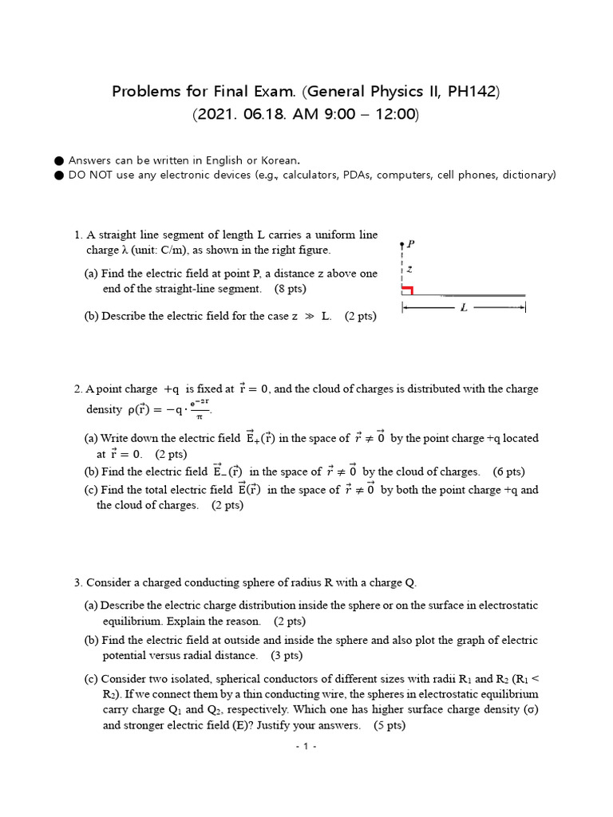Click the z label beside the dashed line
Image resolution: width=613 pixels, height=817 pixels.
point(409,269)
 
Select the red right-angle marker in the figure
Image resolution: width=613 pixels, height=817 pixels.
point(407,290)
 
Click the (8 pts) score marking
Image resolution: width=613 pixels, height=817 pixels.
point(290,288)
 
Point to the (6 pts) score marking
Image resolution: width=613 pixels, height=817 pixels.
point(509,472)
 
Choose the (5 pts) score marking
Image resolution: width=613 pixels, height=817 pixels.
point(390,725)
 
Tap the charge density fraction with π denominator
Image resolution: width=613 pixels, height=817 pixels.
point(201,409)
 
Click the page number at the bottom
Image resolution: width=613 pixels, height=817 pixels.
point(306,747)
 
